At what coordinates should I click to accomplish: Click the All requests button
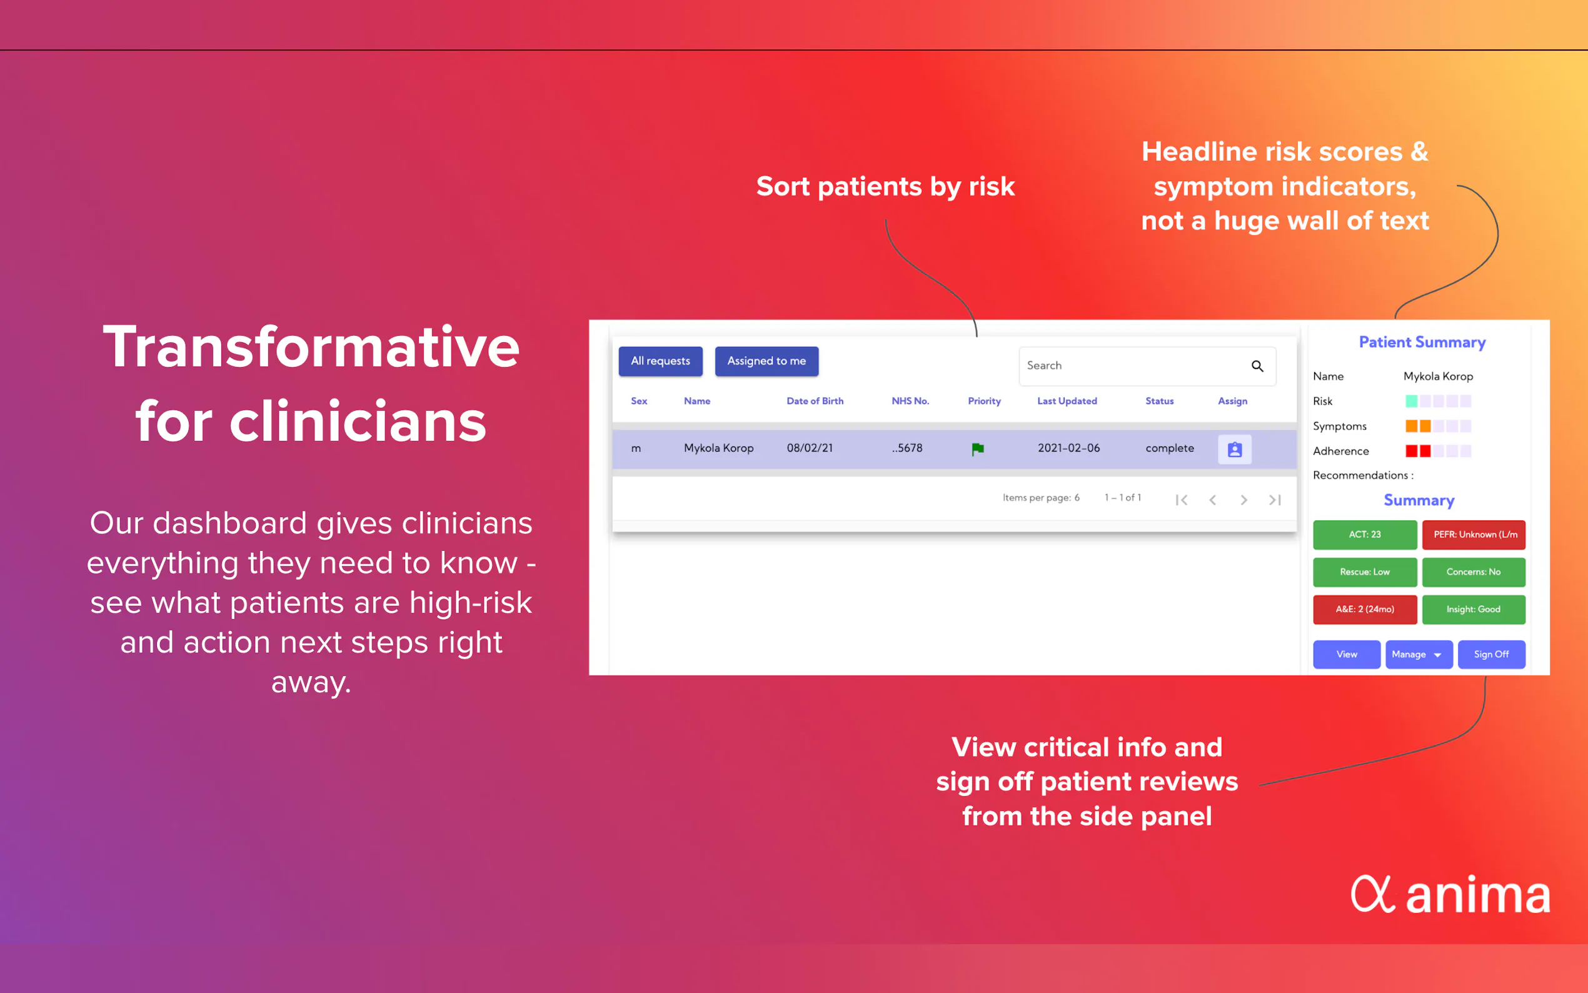[x=660, y=361]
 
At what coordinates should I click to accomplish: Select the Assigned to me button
[x=766, y=361]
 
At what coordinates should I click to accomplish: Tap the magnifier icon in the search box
[x=1257, y=366]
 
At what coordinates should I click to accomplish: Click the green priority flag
[x=977, y=448]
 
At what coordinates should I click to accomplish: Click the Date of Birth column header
[x=815, y=401]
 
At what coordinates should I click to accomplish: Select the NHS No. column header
[x=910, y=401]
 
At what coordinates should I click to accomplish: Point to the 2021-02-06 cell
[x=1068, y=448]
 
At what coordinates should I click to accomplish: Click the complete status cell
[x=1169, y=448]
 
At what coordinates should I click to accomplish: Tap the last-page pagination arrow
[x=1275, y=500]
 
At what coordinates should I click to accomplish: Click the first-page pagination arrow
[x=1181, y=500]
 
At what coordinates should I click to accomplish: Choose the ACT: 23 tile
[x=1364, y=535]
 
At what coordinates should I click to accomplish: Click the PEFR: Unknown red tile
[x=1473, y=535]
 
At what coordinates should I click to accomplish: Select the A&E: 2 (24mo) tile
[x=1364, y=610]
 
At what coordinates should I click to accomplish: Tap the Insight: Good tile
[x=1473, y=610]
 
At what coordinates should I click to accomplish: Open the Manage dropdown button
[x=1419, y=654]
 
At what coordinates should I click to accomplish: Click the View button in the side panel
[x=1347, y=654]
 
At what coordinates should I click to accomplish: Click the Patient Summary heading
[x=1422, y=342]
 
